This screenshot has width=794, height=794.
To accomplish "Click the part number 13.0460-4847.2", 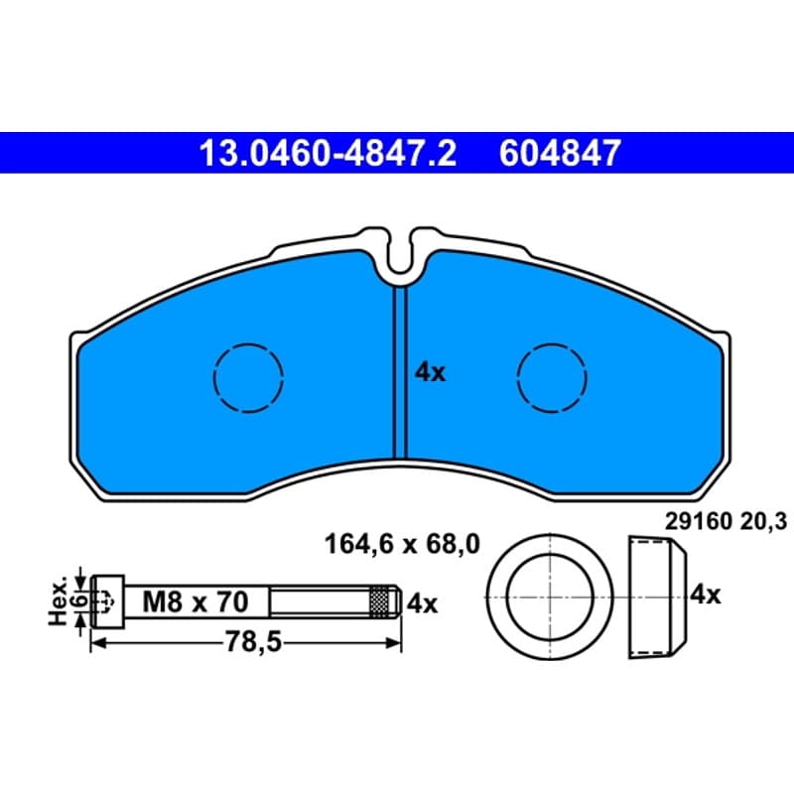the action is [328, 153].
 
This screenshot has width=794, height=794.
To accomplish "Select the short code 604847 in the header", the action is [560, 153].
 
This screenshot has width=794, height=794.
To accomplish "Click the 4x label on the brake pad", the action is [430, 373].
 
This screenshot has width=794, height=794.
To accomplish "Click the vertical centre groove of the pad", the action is [400, 372].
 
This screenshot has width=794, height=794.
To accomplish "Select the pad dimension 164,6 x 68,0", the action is [402, 545].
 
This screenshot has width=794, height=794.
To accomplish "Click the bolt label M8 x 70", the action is [196, 602].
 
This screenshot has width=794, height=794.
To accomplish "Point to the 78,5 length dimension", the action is [253, 643].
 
